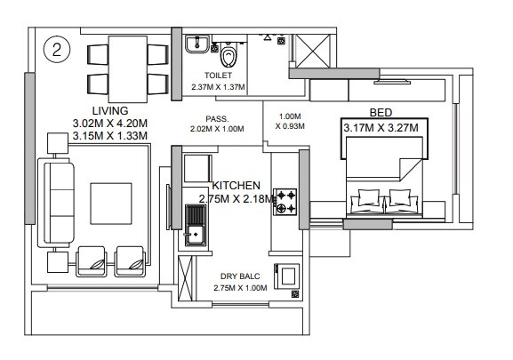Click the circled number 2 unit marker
coord(56,50)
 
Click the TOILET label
coord(217,76)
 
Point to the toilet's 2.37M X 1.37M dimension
coord(217,87)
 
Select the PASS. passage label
coord(216,116)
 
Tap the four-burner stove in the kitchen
coord(285,201)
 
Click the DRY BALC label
coord(243,277)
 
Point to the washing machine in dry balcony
coord(286,278)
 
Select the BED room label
coord(382,113)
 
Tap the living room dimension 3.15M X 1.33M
coord(110,136)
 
